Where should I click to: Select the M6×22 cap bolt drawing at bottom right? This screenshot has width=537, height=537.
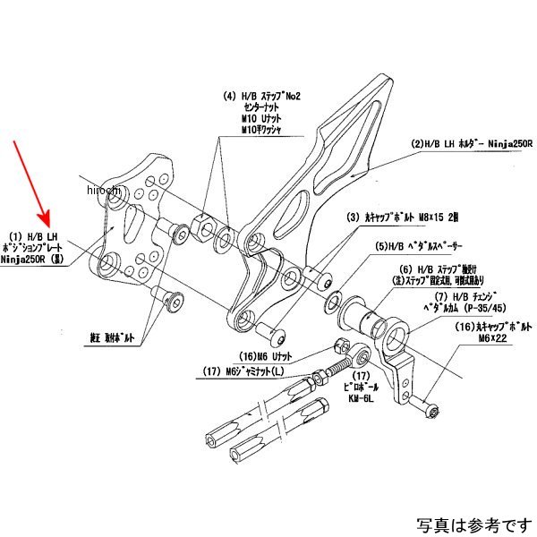pos(426,410)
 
